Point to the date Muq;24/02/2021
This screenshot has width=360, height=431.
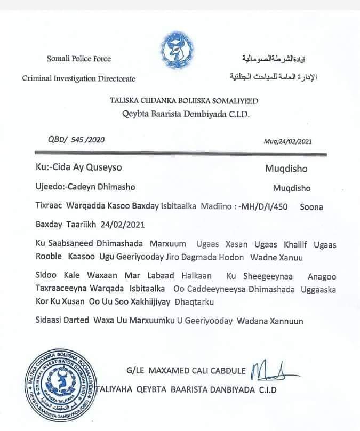tap(288, 141)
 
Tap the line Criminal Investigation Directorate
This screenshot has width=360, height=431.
tap(78, 79)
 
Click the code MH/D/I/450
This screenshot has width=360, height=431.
tap(267, 206)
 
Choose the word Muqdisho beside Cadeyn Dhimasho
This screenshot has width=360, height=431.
tap(292, 188)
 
